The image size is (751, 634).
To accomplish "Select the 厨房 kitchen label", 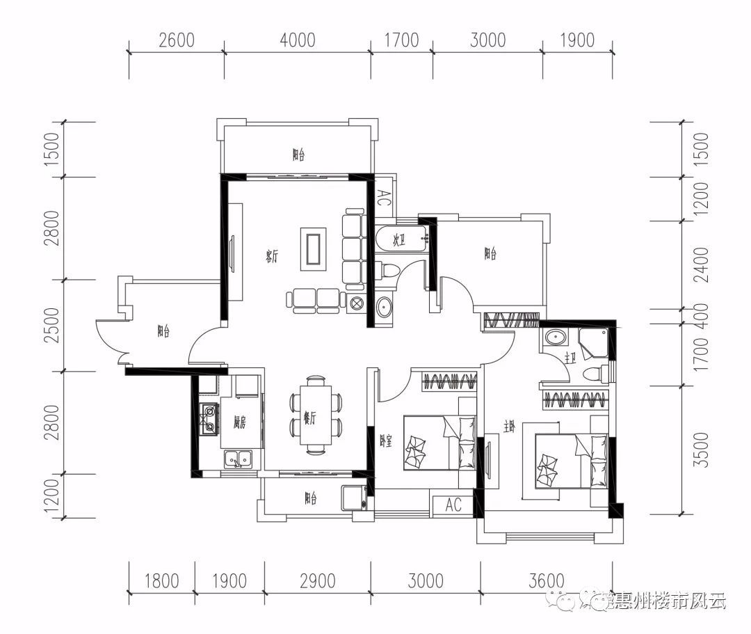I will click(x=240, y=422).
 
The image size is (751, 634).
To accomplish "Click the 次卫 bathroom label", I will click(x=398, y=241).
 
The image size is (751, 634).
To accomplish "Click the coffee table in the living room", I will click(x=314, y=248).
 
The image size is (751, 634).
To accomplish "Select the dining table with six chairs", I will click(x=316, y=415).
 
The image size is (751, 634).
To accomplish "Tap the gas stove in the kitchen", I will click(x=209, y=419).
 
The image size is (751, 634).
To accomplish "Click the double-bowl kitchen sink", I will click(x=238, y=459).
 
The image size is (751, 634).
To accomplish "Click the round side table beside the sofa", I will click(x=357, y=303).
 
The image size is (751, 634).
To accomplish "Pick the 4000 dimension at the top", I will click(x=297, y=40).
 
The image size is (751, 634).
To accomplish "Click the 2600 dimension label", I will click(x=176, y=40).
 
